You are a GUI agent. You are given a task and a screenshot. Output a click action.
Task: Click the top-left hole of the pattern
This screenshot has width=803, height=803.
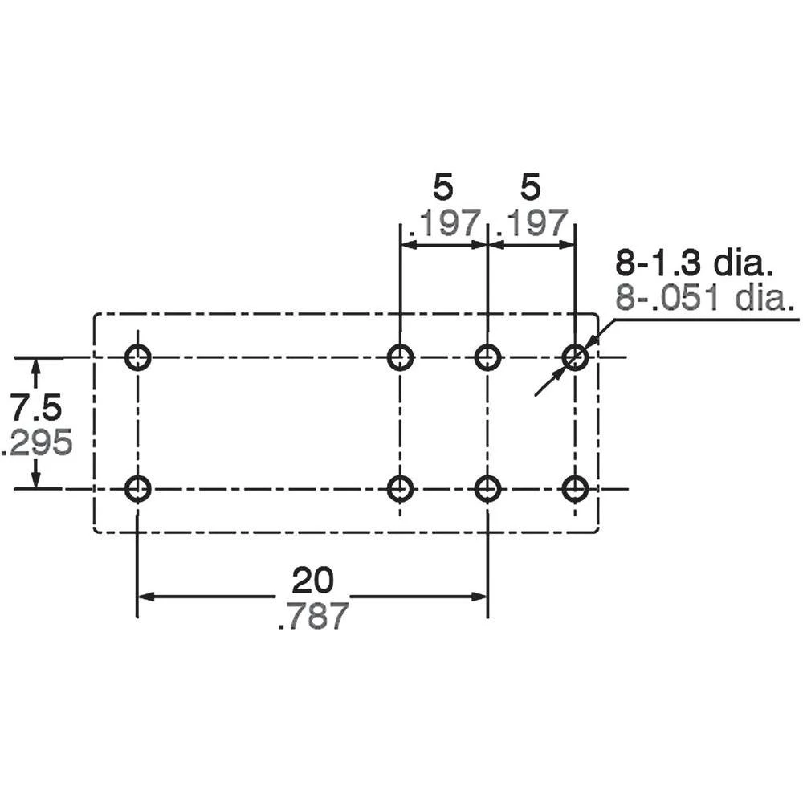138,357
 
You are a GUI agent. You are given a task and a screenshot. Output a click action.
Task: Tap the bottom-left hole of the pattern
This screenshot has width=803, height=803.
138,488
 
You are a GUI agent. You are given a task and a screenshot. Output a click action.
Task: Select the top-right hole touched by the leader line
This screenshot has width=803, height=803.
575,357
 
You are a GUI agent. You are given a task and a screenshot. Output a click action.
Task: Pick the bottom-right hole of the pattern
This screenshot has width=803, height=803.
575,488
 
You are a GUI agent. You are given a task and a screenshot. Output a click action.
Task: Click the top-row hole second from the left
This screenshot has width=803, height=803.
400,357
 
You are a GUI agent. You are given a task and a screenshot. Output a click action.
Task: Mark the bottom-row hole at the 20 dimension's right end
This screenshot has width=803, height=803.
487,488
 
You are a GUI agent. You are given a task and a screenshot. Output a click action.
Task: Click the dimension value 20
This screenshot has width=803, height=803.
312,580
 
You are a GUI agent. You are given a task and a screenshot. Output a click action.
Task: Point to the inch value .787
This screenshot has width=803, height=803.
312,617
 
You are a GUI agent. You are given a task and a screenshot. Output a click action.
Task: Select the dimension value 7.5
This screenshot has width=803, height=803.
35,409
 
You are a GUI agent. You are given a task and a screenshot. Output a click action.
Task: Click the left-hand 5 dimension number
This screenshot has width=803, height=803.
442,188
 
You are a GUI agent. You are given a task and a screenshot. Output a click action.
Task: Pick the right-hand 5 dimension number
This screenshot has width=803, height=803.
530,188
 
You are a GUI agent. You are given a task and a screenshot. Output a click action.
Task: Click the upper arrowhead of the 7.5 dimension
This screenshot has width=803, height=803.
35,366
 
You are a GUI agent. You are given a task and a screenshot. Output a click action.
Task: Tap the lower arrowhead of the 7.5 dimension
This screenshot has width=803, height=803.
35,479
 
